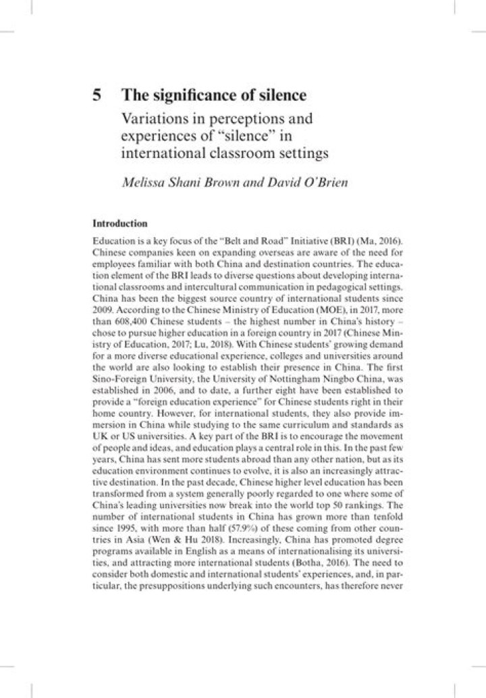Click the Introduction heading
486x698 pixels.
tap(119, 222)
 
